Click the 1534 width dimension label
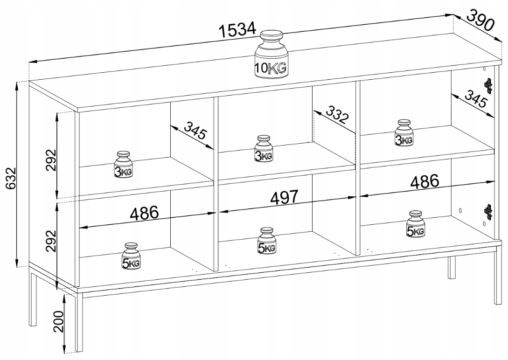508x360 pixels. click(237, 29)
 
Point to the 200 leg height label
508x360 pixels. click(59, 321)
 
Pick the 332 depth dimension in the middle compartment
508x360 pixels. click(337, 114)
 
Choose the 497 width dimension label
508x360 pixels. click(284, 197)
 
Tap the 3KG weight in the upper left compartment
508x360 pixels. click(123, 165)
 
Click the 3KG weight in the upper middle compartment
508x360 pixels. click(264, 149)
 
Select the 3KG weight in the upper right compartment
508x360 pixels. click(404, 133)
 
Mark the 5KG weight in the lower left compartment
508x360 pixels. click(131, 256)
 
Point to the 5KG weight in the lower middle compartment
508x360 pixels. click(267, 241)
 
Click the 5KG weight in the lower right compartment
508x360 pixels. click(415, 224)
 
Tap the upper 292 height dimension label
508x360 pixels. click(51, 160)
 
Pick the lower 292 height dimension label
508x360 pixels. click(51, 241)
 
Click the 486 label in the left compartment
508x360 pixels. click(144, 213)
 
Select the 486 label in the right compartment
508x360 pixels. click(425, 181)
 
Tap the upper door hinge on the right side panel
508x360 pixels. click(488, 85)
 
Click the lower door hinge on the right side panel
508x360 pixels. click(488, 211)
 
